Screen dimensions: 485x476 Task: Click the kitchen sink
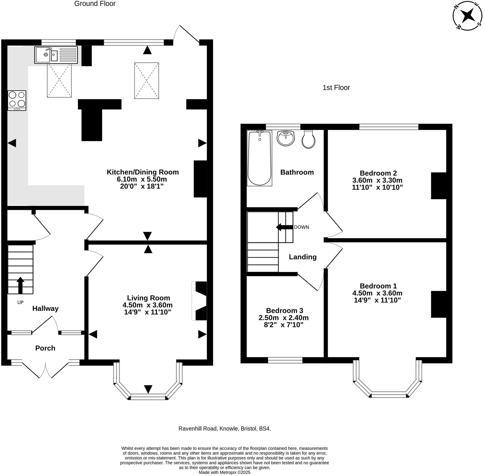pos(56,55)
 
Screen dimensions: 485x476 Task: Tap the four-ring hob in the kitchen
pos(17,101)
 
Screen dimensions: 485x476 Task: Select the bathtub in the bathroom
pos(259,158)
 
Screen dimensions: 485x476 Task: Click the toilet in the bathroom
pos(308,139)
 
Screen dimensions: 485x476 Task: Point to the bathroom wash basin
pos(286,138)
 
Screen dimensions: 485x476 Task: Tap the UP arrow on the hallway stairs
pos(20,285)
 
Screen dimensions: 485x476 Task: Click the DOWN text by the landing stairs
pos(302,227)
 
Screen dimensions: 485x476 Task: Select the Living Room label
pos(148,298)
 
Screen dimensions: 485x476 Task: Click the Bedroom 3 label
pos(285,310)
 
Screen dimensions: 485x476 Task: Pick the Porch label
pos(45,348)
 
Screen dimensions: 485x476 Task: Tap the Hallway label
pos(45,308)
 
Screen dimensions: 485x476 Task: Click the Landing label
pos(303,257)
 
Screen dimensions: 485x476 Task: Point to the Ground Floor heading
pos(95,3)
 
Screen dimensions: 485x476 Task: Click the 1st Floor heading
pos(336,88)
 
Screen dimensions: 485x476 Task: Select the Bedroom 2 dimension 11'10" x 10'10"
pos(377,187)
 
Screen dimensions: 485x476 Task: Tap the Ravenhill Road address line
pos(225,429)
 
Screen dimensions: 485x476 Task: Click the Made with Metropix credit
pos(225,472)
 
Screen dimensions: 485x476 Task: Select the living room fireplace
pos(200,301)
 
